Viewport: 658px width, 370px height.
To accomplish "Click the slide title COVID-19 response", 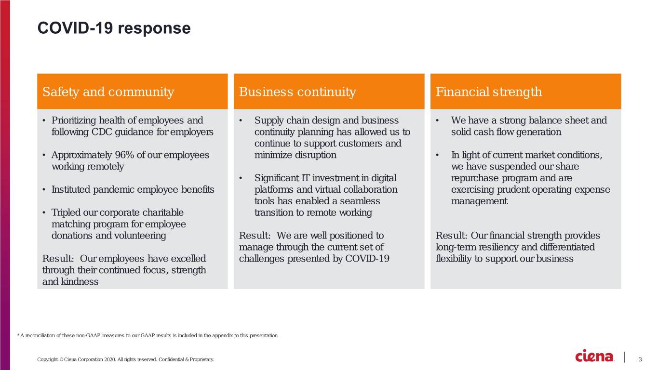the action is (114, 28).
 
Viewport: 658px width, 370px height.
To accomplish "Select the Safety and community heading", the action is (108, 92).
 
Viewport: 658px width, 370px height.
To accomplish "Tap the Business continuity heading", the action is (297, 92).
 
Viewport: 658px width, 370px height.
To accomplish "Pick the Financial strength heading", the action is (488, 92).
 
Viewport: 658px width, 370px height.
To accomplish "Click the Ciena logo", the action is (594, 356).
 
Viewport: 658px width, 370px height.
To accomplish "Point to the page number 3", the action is (640, 359).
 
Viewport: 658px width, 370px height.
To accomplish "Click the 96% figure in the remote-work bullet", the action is (124, 155).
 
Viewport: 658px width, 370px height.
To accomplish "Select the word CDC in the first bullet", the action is (102, 132).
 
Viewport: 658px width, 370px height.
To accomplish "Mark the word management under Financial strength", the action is (479, 201).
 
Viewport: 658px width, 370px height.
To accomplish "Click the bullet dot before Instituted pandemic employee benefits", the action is (44, 190).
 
